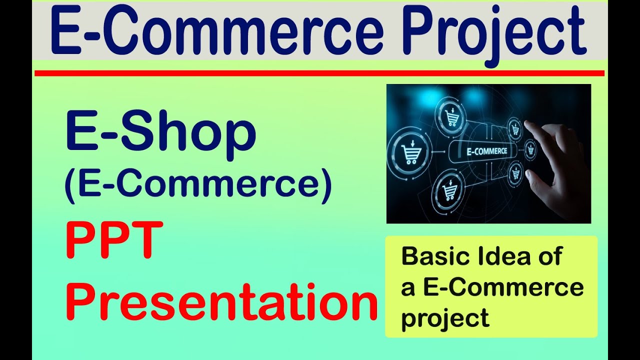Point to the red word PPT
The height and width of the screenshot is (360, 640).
click(x=114, y=239)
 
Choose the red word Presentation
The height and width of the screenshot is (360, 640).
click(x=221, y=301)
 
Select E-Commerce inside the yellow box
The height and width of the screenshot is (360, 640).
click(x=503, y=287)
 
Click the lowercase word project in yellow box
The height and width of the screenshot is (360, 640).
click(x=445, y=318)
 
